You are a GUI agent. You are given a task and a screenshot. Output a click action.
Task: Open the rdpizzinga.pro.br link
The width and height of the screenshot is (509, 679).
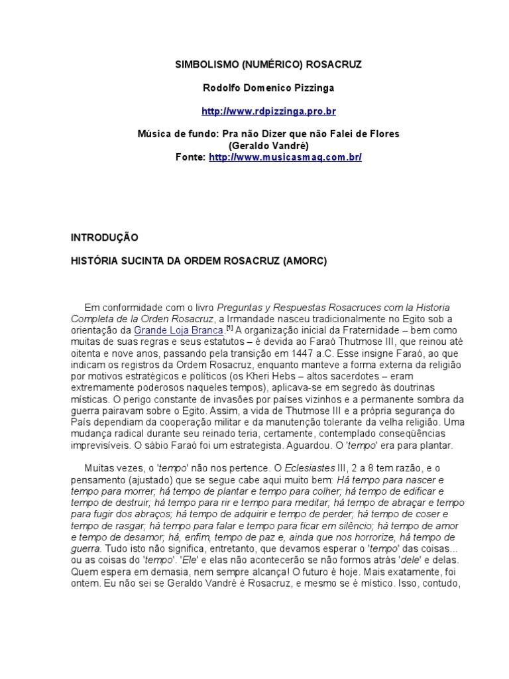tap(268, 111)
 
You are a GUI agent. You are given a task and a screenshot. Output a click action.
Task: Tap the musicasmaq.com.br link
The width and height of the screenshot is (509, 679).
tap(285, 157)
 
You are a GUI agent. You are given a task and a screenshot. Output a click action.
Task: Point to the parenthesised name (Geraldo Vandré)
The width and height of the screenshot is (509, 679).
tap(268, 145)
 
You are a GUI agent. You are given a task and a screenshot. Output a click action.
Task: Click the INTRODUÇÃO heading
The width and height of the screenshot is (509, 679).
tap(104, 237)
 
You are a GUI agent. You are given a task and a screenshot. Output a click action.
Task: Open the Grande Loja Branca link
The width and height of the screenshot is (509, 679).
tap(179, 330)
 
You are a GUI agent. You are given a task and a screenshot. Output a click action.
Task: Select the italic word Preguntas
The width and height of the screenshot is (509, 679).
tap(239, 307)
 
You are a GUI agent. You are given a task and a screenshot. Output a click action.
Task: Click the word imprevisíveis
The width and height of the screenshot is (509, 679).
tap(100, 446)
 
